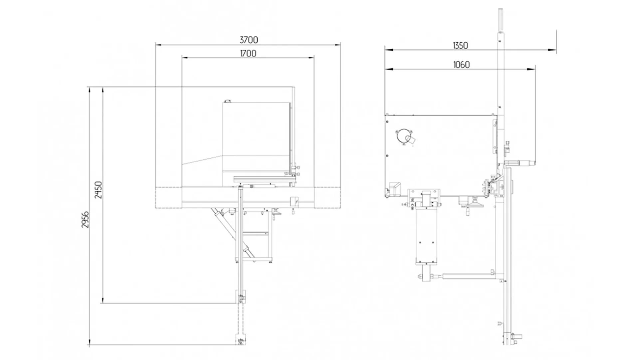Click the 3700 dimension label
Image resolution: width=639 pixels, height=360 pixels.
pos(249,40)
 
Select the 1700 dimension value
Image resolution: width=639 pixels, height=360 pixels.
pos(248,54)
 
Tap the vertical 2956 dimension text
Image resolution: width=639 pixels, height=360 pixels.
pos(86,219)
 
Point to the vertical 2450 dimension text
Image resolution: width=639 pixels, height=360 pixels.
pos(99,190)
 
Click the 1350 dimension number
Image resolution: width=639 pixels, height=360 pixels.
pos(460,46)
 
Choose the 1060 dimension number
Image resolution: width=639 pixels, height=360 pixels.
pos(461,65)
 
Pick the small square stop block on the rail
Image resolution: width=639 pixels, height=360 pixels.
pos(295,201)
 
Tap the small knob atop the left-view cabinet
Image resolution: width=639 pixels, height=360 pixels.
pos(227,101)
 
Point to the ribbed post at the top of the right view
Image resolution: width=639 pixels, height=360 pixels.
pos(500,20)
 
